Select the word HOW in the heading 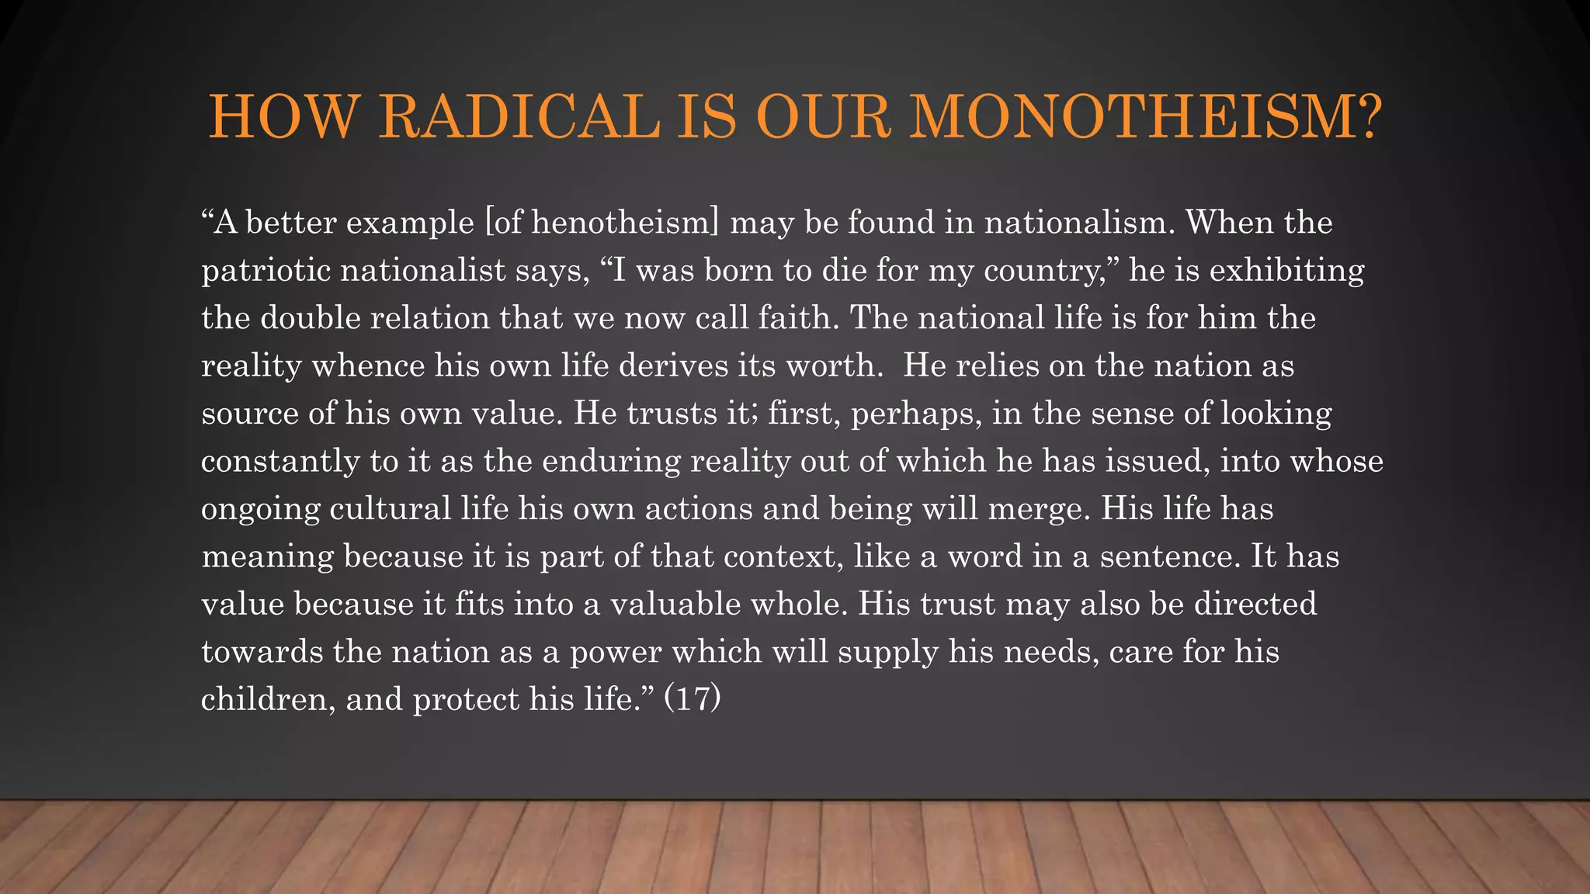283,116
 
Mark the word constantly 280,462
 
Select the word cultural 390,509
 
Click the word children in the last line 268,699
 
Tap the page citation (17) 693,699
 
